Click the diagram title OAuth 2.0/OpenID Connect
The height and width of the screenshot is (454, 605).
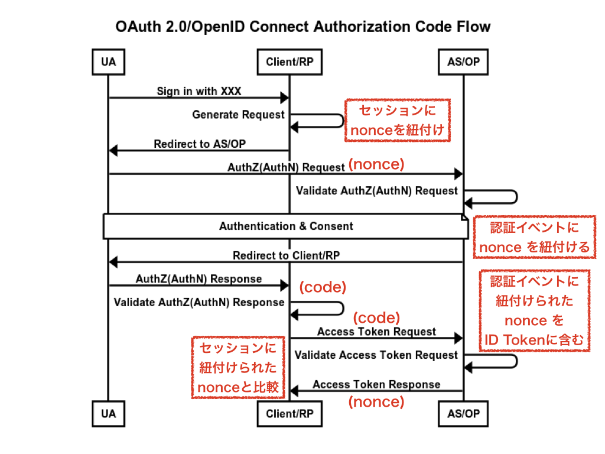[x=302, y=27]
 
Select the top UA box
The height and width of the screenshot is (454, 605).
[x=108, y=61]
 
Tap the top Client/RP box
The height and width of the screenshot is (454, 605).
[x=289, y=61]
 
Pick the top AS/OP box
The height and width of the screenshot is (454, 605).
[x=464, y=61]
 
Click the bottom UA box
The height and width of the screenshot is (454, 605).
[x=108, y=414]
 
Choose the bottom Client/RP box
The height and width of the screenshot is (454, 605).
[x=289, y=414]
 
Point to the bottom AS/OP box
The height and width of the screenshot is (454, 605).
[x=464, y=414]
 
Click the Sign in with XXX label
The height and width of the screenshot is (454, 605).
[x=199, y=92]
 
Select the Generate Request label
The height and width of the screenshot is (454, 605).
[x=238, y=115]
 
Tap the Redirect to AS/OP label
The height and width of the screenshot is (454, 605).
[x=199, y=144]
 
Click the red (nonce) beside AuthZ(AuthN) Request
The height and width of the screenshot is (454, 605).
[x=376, y=165]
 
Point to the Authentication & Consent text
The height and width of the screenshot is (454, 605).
[x=286, y=226]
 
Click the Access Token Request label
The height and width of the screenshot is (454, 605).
[x=376, y=332]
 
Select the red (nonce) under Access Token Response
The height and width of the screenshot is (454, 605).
[x=376, y=403]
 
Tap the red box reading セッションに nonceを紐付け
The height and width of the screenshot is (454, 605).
[x=397, y=121]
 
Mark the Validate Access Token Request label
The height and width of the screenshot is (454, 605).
[x=376, y=355]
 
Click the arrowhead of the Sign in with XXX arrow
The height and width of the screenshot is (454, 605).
[x=284, y=98]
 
